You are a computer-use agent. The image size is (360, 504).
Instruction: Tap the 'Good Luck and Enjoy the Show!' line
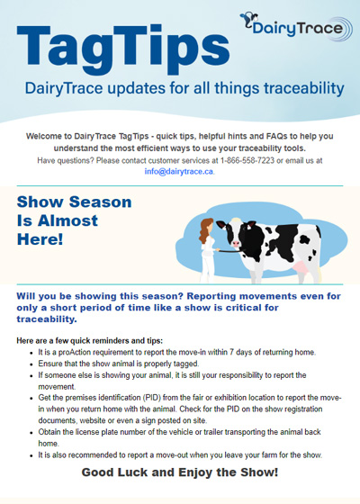pyautogui.click(x=179, y=471)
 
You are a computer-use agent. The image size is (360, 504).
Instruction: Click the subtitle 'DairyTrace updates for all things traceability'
pyautogui.click(x=179, y=88)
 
